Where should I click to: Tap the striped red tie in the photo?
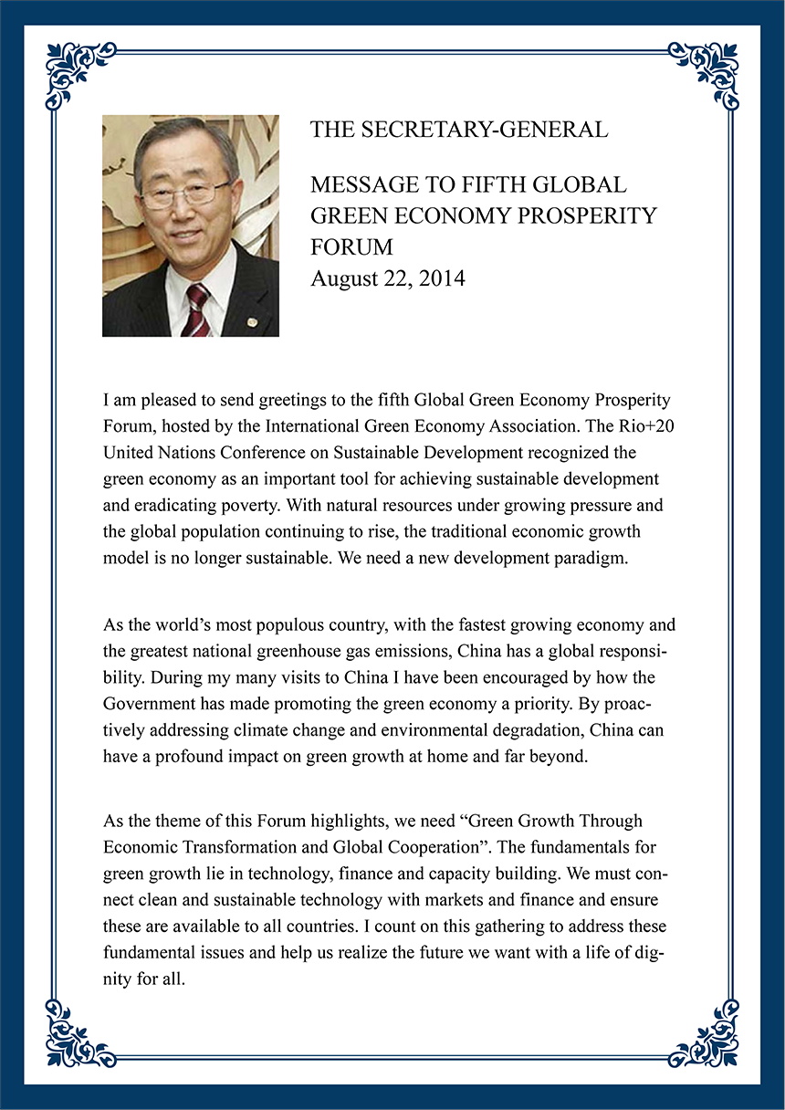tap(196, 310)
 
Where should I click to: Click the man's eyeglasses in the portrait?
tap(185, 194)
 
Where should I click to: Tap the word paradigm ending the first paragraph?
tap(592, 560)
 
